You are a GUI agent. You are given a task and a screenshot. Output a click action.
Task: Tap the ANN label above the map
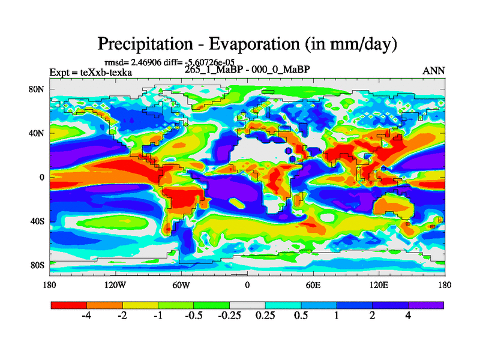(x=434, y=71)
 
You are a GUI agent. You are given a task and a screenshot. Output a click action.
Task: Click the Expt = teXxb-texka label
(x=90, y=73)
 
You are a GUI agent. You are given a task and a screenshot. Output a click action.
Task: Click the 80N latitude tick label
(x=38, y=89)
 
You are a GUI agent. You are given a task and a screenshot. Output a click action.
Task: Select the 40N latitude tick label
(x=38, y=133)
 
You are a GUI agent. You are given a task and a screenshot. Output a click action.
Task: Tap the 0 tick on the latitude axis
(x=42, y=177)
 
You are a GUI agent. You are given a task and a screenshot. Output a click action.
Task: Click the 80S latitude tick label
(x=38, y=265)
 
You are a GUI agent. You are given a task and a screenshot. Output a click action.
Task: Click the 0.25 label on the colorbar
(x=265, y=316)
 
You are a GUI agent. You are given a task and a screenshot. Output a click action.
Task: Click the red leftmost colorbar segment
(x=69, y=305)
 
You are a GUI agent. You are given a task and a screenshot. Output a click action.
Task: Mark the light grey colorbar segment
(x=247, y=305)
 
